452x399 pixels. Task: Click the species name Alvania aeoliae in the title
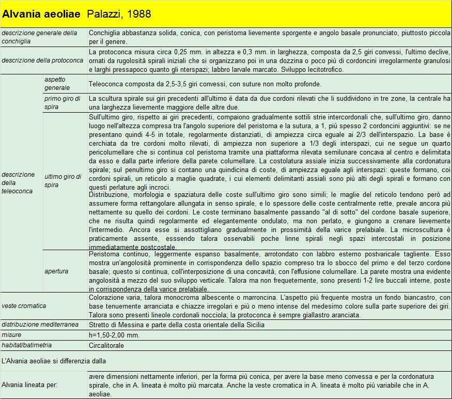tap(41, 13)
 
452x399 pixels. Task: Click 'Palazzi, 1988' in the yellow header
tap(119, 13)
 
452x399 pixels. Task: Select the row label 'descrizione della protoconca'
tap(42, 60)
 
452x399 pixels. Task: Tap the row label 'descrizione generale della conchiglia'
tap(39, 37)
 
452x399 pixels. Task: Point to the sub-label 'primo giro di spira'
tap(63, 102)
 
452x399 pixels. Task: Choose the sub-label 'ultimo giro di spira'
tap(63, 180)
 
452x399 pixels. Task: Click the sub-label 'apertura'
tap(56, 271)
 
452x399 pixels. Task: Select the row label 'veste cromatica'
tap(24, 305)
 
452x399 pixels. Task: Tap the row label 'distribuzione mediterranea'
tap(40, 325)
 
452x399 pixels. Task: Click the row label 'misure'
tap(11, 335)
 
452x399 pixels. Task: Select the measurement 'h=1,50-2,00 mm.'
tap(114, 335)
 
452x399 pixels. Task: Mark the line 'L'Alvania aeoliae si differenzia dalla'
tap(54, 360)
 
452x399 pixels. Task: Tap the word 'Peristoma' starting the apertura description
tap(104, 255)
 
